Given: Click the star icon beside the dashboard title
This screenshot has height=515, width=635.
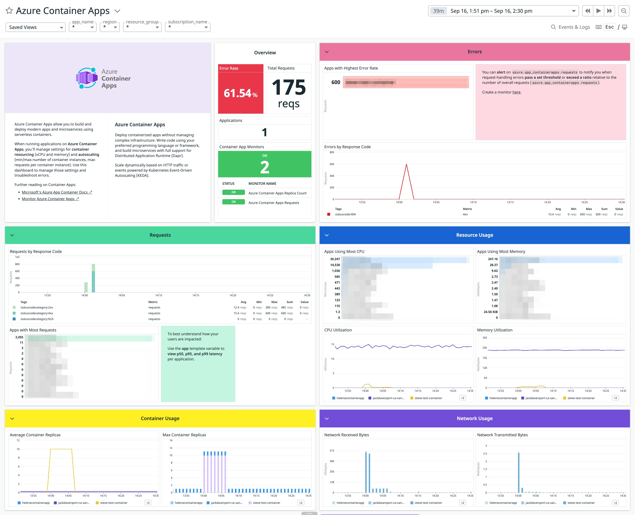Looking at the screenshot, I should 9,11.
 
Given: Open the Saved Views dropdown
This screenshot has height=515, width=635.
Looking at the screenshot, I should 35,27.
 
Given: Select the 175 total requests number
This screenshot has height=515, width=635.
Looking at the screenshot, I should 289,87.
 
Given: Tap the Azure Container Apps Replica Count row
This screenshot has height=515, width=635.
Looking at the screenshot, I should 277,193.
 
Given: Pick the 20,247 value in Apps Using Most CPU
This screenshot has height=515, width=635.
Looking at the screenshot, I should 335,259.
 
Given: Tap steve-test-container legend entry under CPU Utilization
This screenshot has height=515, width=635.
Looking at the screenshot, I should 428,398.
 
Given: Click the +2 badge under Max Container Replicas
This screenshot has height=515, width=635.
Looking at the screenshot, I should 301,503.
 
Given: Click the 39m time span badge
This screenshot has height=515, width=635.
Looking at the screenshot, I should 438,11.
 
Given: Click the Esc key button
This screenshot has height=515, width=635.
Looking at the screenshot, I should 609,27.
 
